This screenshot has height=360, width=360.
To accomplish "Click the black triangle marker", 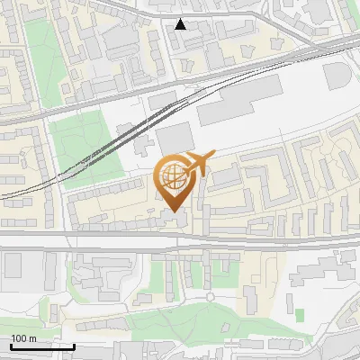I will click(x=181, y=24).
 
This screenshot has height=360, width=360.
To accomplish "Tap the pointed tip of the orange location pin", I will click(x=175, y=211).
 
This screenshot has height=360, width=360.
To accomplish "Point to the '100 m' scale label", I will click(x=22, y=338).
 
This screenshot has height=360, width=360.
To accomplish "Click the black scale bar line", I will click(x=41, y=346).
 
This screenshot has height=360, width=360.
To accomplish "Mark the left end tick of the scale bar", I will click(x=10, y=346).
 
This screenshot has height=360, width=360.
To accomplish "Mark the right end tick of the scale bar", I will click(x=74, y=346).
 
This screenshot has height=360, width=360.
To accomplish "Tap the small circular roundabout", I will click(x=210, y=296).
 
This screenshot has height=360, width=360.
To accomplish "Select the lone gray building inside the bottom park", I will click(x=145, y=299).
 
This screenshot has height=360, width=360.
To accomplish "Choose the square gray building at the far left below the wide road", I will click(x=12, y=265).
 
